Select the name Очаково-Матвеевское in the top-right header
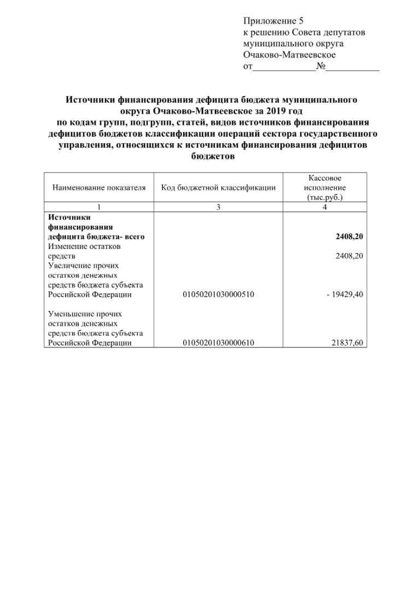pos(290,55)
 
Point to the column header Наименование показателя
pos(99,187)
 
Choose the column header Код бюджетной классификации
pos(218,187)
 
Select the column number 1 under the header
pos(99,207)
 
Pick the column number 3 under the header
pos(218,207)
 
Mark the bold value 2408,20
pos(350,237)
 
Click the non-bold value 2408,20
pos(350,256)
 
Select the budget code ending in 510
pos(218,294)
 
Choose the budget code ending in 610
pos(218,343)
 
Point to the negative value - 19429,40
pos(345,294)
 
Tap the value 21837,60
pos(348,343)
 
